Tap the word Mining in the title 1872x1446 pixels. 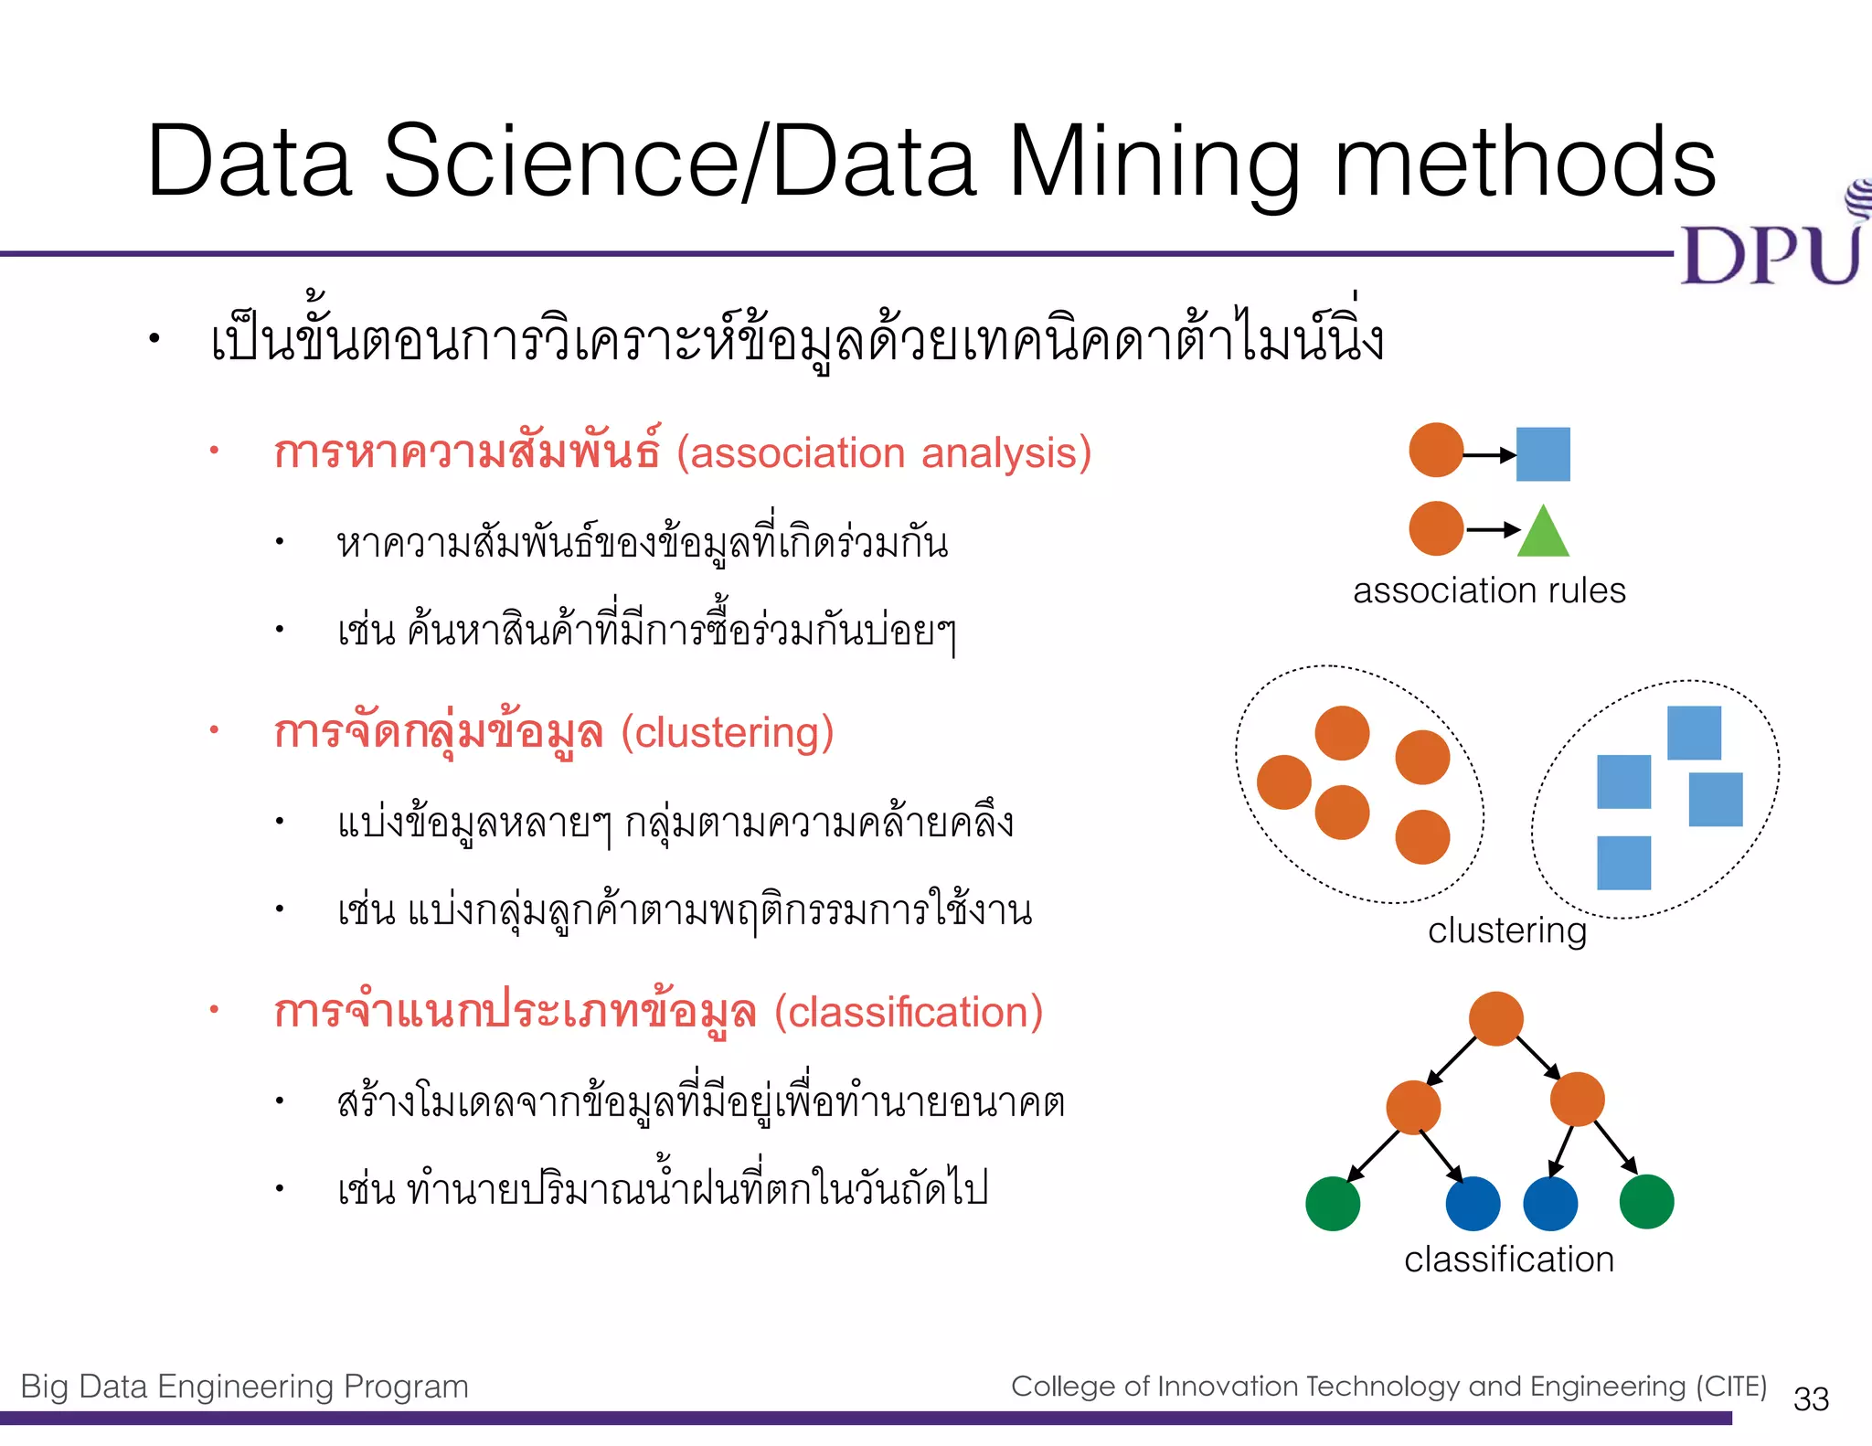click(1155, 163)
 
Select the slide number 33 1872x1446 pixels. click(1810, 1399)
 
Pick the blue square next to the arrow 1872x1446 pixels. click(1543, 454)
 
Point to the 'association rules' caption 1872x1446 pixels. click(1489, 590)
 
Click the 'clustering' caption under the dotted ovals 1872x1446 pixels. click(1506, 930)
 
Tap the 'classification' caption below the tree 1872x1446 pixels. click(1508, 1260)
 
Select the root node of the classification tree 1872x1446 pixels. click(1495, 1018)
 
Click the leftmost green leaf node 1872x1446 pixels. click(1333, 1204)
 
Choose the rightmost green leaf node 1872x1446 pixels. click(1646, 1202)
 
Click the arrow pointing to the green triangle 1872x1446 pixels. click(1492, 529)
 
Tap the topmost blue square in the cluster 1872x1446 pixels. click(1694, 733)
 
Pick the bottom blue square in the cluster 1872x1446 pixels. click(1623, 863)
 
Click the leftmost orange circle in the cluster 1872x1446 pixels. click(1284, 782)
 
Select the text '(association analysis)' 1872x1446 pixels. click(884, 453)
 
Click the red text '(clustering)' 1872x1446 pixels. click(728, 733)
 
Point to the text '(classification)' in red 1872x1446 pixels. click(909, 1013)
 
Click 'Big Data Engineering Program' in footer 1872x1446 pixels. click(244, 1387)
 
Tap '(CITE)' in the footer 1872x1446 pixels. click(1731, 1387)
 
